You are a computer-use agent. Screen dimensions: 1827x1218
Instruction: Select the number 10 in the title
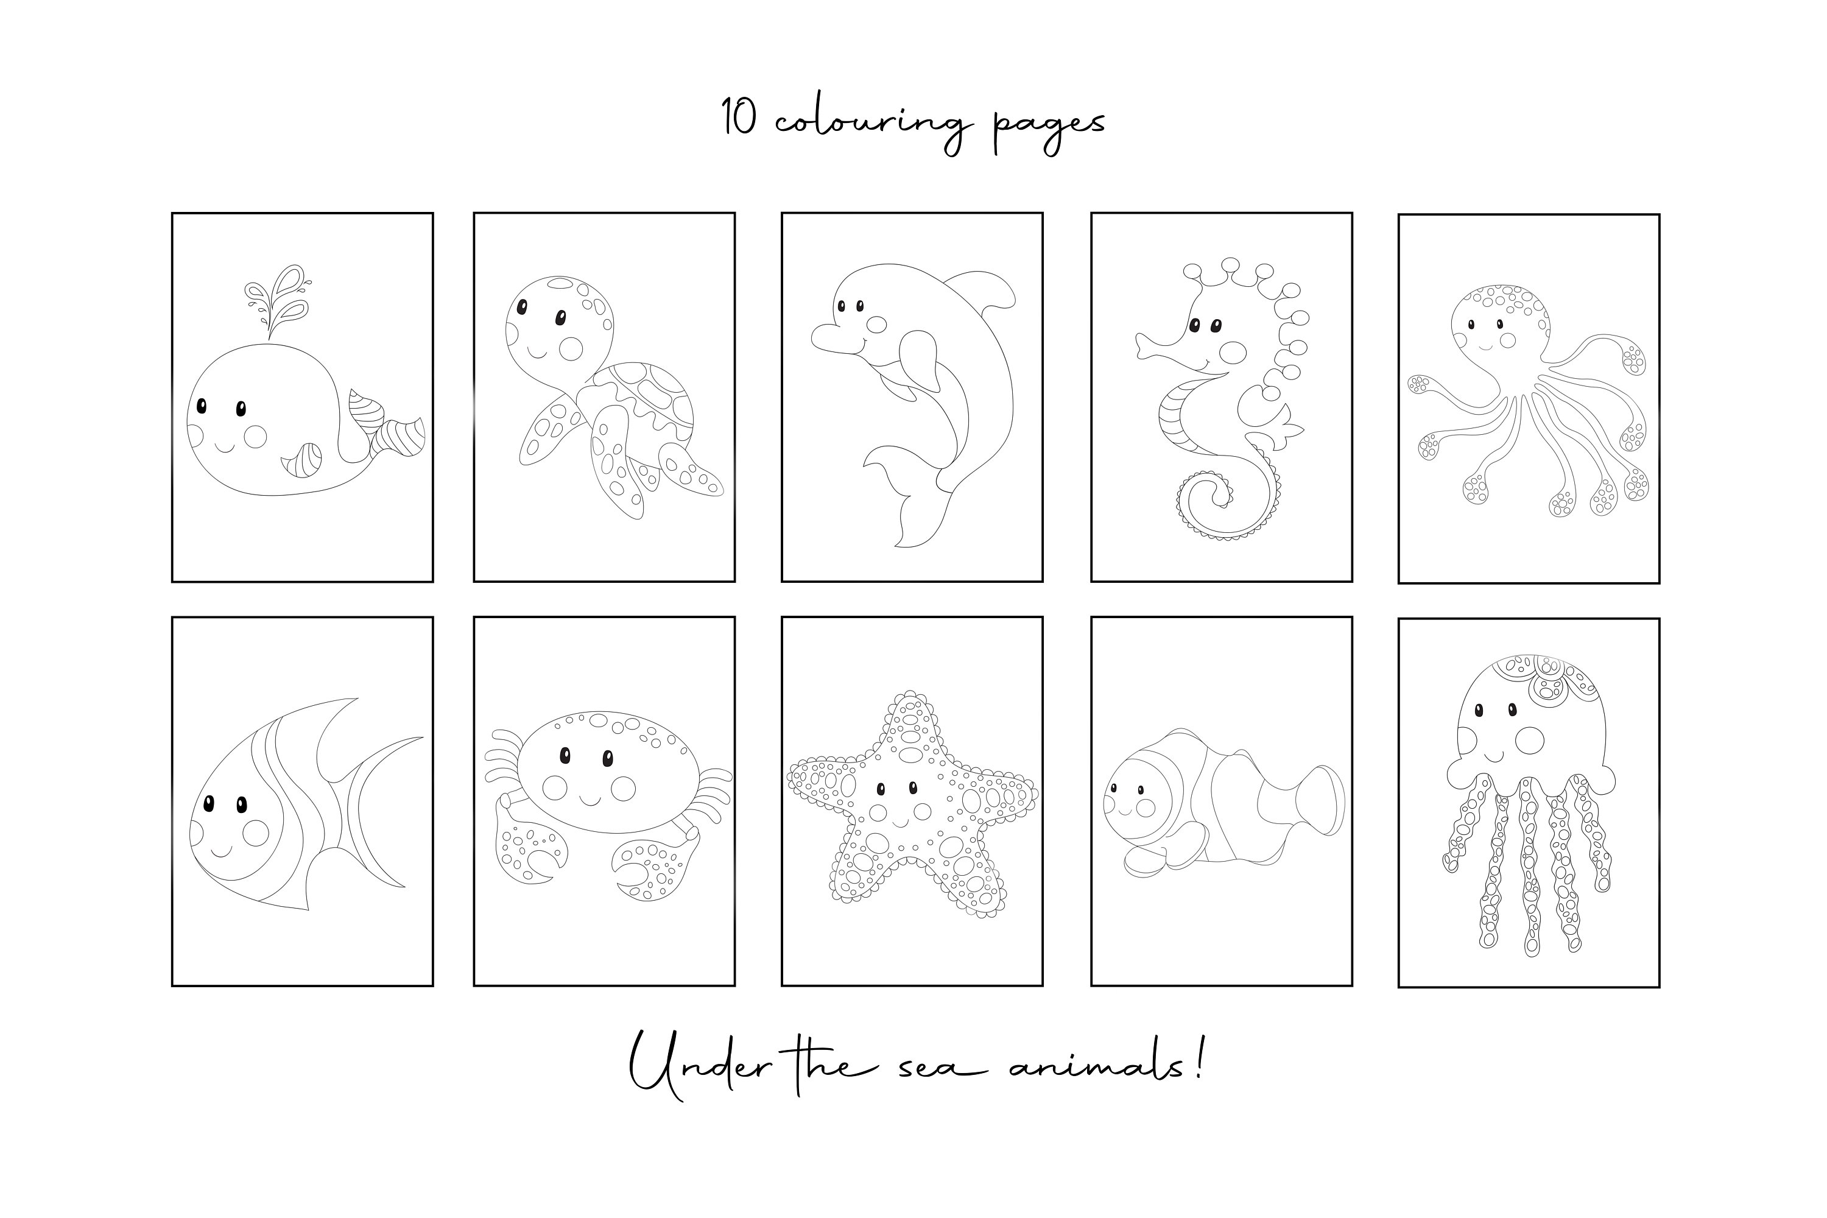point(739,118)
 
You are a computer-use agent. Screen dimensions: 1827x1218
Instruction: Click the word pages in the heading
point(1049,126)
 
